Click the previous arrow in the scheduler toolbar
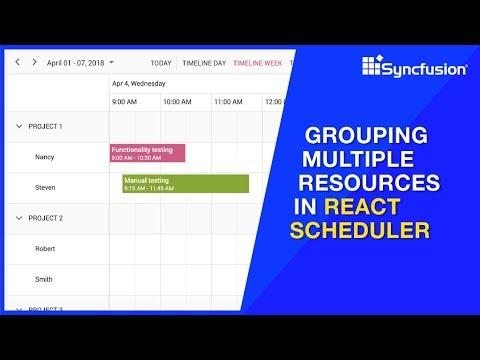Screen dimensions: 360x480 (x=17, y=62)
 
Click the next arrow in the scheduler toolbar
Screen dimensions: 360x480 (x=33, y=62)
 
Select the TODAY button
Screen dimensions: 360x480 (x=161, y=62)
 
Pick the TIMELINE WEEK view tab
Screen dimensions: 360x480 (x=257, y=62)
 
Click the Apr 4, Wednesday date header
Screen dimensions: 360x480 (x=139, y=84)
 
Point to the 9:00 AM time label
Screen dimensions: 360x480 (x=124, y=102)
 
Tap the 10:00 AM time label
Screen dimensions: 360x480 (x=177, y=102)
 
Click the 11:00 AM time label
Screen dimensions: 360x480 (x=228, y=102)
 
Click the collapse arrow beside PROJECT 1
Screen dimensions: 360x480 (x=18, y=127)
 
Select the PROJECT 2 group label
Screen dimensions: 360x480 (x=46, y=218)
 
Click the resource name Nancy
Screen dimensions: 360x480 (x=46, y=157)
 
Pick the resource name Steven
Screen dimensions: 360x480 (x=46, y=187)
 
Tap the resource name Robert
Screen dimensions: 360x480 (x=46, y=248)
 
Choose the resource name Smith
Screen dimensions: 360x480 (x=45, y=279)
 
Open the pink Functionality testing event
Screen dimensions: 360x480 (x=147, y=153)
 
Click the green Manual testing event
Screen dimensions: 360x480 (x=185, y=184)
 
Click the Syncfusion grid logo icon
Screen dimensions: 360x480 (x=373, y=67)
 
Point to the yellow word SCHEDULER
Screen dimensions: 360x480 (x=359, y=230)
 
